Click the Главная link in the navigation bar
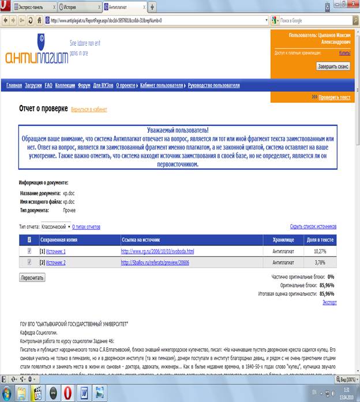[x=14, y=85]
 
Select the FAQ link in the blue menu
[x=48, y=85]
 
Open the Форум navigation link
[x=84, y=85]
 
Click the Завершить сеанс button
[x=333, y=66]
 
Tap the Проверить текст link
[x=334, y=98]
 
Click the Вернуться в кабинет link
[x=89, y=109]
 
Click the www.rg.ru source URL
[x=157, y=251]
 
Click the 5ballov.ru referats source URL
[x=155, y=262]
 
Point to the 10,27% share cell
[x=320, y=251]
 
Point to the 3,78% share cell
[x=320, y=262]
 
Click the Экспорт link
[x=329, y=302]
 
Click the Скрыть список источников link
[x=313, y=227]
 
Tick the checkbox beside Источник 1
[x=30, y=251]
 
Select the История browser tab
[x=78, y=7]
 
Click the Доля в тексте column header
[x=320, y=240]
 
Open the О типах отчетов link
[x=87, y=227]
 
